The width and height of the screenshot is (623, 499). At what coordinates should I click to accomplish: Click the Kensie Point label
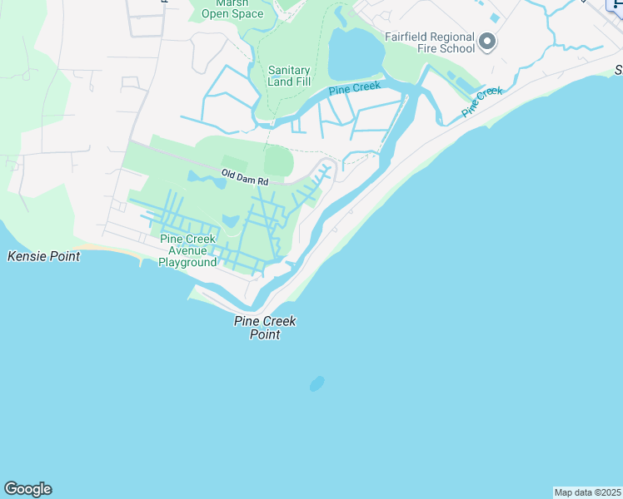point(43,256)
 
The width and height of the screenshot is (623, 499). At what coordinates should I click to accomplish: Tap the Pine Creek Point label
point(265,328)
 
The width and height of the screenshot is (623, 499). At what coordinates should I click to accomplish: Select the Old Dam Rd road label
point(245,176)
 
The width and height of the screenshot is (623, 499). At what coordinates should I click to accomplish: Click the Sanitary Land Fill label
point(289,76)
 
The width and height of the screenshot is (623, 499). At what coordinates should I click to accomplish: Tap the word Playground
point(188,262)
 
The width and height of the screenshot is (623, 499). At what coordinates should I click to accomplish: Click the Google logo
point(27,489)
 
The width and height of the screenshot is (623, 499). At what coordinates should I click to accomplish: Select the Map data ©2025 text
point(587,492)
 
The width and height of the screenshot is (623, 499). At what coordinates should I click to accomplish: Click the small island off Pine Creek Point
point(316,383)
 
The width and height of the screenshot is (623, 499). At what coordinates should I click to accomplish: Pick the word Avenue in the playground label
point(187,250)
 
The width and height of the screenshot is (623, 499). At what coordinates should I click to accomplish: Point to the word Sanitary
point(289,71)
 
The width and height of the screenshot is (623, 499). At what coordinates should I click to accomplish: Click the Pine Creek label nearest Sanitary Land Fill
point(354,87)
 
